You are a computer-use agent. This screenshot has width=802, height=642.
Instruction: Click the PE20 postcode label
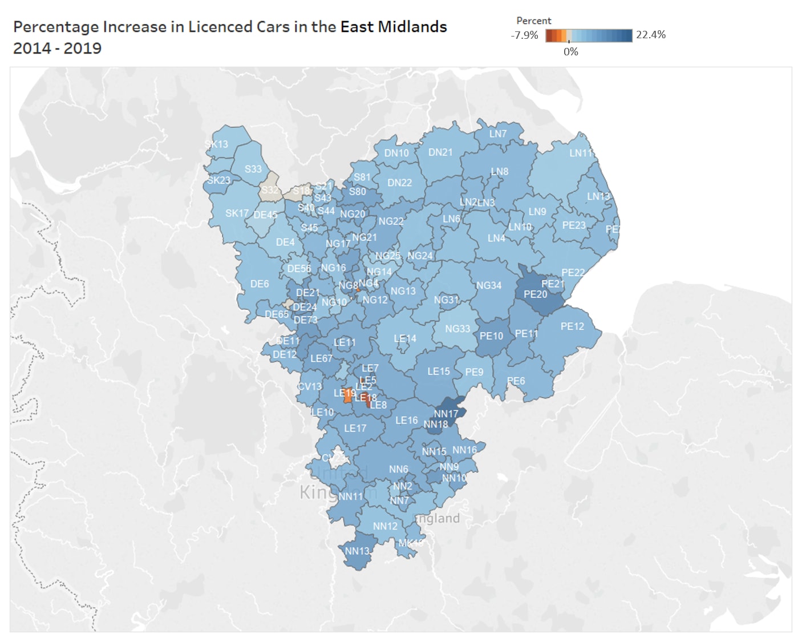(535, 294)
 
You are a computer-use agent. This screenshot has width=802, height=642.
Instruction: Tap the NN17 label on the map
(445, 414)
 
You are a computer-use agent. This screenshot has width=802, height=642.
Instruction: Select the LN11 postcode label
(581, 153)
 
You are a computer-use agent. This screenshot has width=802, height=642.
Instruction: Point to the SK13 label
(216, 144)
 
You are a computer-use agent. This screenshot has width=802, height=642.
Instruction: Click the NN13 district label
(357, 551)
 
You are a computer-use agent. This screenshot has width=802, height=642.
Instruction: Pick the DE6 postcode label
(260, 284)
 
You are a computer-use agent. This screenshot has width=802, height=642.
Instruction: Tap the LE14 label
(405, 338)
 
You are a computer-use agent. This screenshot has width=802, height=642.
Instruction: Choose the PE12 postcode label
(572, 326)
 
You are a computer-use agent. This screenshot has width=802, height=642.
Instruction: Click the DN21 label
(440, 152)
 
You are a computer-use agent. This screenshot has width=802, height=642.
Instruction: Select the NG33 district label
(457, 329)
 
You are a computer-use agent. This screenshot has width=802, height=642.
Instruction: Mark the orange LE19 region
(347, 397)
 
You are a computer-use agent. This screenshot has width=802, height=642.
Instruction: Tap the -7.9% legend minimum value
(524, 35)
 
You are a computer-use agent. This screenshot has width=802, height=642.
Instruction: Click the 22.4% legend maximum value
(651, 35)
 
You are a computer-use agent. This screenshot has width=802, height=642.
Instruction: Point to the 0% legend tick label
(570, 52)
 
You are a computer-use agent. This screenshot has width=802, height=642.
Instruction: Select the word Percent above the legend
(533, 21)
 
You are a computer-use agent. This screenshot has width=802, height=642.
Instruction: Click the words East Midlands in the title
(394, 27)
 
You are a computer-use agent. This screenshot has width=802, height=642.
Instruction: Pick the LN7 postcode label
(497, 134)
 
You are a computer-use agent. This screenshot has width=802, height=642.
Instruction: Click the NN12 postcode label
(385, 526)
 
